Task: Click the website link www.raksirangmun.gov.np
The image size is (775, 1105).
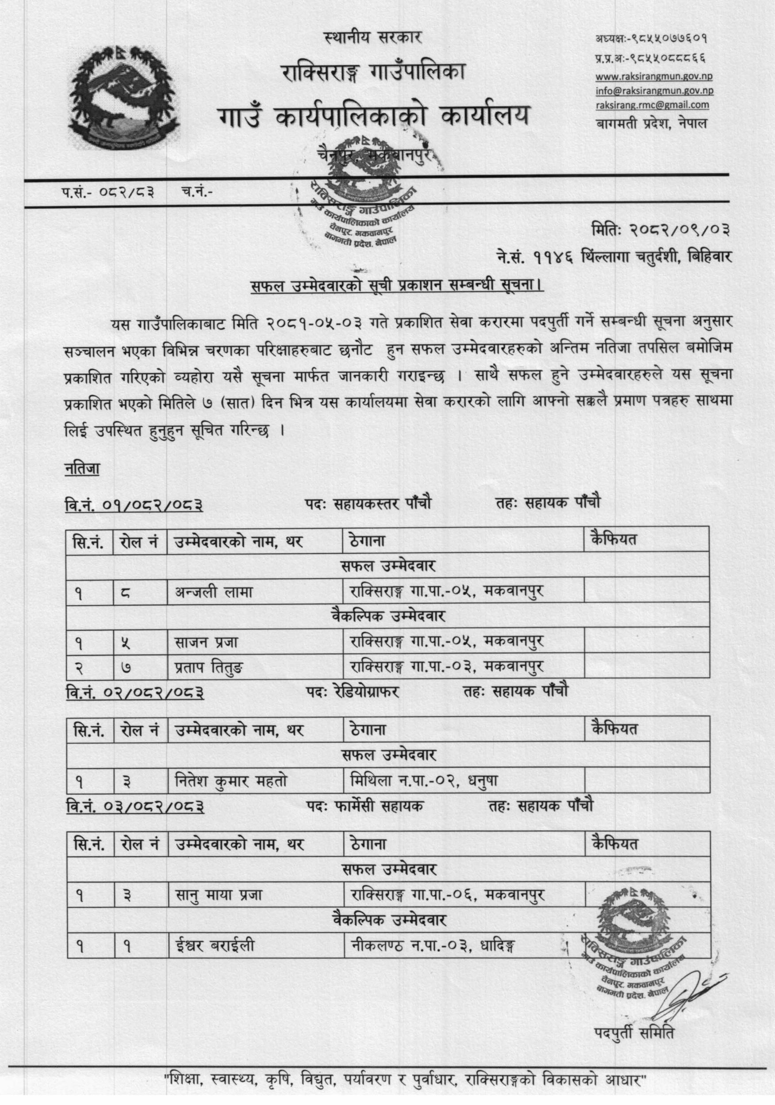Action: [654, 76]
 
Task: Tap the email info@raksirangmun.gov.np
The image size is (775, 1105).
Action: [654, 91]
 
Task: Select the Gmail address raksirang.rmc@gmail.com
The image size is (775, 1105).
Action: [652, 104]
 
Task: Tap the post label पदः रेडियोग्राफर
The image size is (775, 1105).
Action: [353, 692]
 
